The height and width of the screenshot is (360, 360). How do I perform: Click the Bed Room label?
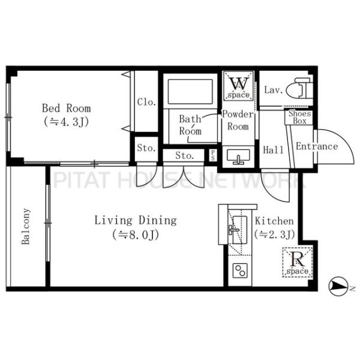click(x=67, y=108)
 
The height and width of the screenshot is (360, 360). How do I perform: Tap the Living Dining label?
click(x=136, y=220)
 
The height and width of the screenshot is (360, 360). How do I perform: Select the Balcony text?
click(x=26, y=226)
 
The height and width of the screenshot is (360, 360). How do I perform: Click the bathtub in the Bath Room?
click(x=190, y=92)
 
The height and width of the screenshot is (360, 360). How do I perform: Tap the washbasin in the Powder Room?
click(x=238, y=156)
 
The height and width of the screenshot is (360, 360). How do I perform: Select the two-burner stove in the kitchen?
click(x=240, y=271)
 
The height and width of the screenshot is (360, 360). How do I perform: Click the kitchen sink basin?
click(x=239, y=230)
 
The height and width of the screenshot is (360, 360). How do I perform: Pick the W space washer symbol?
click(x=239, y=86)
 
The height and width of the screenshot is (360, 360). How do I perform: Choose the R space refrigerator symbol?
click(x=298, y=262)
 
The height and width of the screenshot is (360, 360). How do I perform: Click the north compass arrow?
click(x=337, y=286)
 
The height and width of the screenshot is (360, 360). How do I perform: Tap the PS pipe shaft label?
click(x=213, y=155)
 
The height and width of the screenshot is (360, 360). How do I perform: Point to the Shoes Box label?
click(x=299, y=117)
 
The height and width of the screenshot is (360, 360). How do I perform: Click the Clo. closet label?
click(x=147, y=102)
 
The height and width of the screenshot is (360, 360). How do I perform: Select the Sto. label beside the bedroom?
click(x=146, y=148)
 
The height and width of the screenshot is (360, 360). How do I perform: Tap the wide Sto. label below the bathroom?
click(x=184, y=155)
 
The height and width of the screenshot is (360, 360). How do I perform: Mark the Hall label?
click(x=274, y=150)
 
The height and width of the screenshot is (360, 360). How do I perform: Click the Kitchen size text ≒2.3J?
click(x=275, y=235)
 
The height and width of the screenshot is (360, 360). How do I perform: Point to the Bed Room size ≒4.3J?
click(x=67, y=122)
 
